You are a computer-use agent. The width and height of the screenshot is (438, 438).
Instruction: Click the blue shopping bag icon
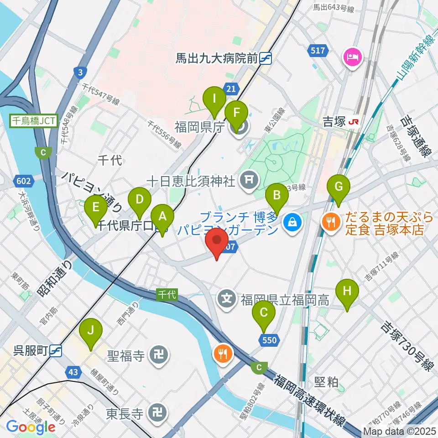[290, 222]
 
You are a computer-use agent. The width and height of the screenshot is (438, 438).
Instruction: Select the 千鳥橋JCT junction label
[35, 121]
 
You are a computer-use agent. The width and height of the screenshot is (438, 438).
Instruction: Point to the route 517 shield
[318, 50]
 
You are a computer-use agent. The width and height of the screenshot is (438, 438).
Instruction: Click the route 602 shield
[24, 181]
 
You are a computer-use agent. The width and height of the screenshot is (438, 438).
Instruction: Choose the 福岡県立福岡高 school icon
[228, 300]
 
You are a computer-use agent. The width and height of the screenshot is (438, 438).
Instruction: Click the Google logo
[31, 427]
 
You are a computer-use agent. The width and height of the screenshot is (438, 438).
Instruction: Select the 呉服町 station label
[31, 350]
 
